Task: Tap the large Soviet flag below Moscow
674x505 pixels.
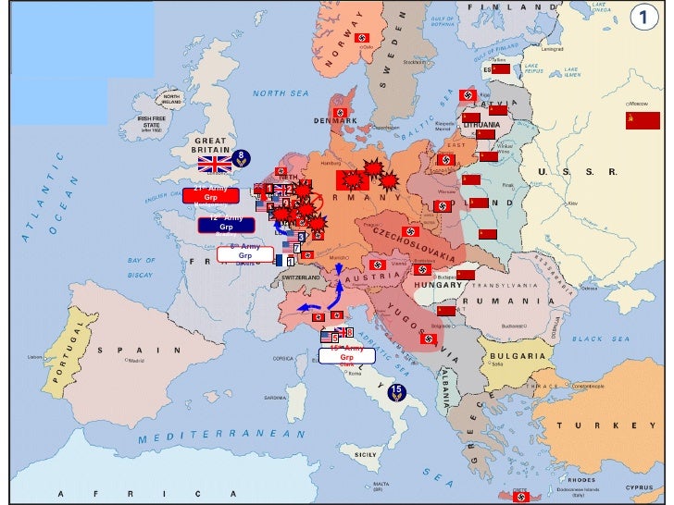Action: (643, 120)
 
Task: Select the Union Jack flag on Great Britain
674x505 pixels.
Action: (215, 165)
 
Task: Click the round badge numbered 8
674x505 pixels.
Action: (240, 157)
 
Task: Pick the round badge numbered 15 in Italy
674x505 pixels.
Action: (396, 391)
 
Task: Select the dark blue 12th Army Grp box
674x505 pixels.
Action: (226, 224)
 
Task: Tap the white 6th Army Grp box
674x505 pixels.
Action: (245, 252)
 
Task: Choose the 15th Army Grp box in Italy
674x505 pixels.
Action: (347, 356)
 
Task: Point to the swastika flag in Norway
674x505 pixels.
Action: (362, 37)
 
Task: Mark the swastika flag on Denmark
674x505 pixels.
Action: (340, 113)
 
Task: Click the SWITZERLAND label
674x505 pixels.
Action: (301, 277)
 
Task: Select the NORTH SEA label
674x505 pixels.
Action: (281, 93)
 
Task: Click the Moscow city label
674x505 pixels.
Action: (639, 105)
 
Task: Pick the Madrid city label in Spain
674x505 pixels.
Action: (136, 361)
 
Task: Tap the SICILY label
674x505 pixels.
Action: (366, 455)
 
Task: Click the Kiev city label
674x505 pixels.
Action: (573, 203)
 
